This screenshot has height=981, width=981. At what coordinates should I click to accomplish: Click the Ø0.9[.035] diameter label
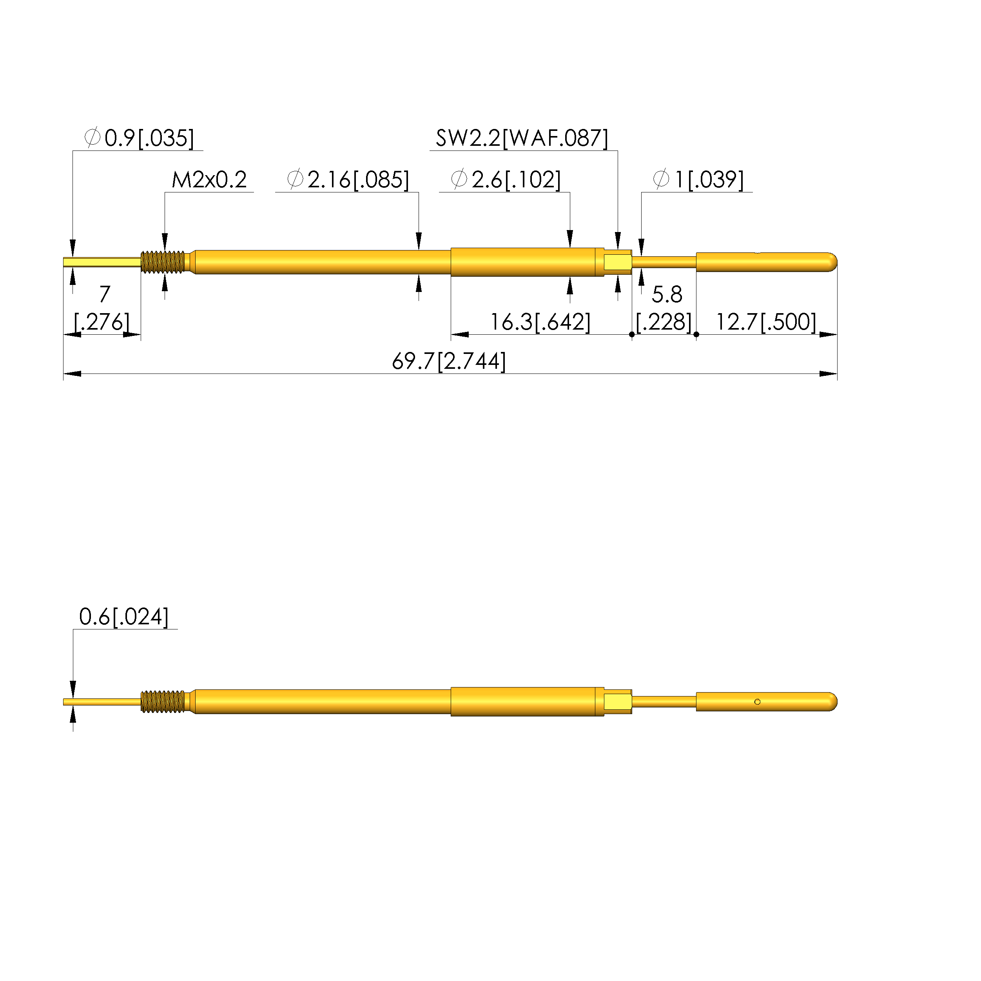point(139,138)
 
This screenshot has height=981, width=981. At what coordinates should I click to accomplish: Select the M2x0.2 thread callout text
point(209,180)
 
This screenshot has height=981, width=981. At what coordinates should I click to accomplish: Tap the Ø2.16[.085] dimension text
point(348,180)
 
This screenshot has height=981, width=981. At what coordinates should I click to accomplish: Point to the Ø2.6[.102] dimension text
point(506,180)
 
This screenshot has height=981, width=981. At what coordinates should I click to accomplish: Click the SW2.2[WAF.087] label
point(522,138)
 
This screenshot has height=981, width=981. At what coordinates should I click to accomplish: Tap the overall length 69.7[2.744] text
point(449,361)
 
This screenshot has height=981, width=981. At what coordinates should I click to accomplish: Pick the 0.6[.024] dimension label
point(124,617)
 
